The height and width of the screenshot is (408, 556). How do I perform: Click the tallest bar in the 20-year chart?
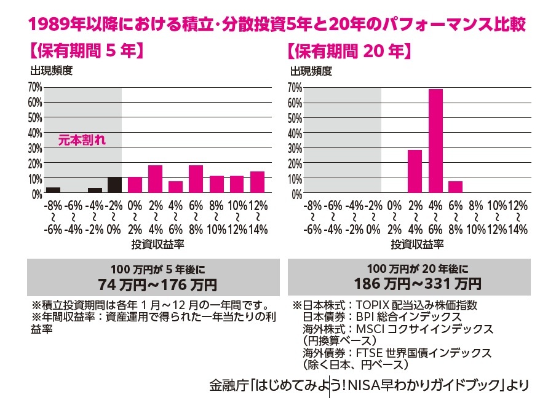tap(435, 141)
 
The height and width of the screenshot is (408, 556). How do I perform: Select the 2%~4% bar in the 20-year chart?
tap(415, 172)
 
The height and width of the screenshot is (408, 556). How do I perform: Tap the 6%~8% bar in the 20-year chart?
tap(456, 187)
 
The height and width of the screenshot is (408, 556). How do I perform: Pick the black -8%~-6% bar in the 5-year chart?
tap(54, 190)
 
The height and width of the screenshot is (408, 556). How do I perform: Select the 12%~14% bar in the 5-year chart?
tap(257, 182)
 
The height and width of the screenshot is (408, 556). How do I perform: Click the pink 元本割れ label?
tap(82, 141)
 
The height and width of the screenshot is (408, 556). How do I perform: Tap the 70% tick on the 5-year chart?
tap(34, 87)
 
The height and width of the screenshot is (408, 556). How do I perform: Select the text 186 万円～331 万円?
tap(418, 284)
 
